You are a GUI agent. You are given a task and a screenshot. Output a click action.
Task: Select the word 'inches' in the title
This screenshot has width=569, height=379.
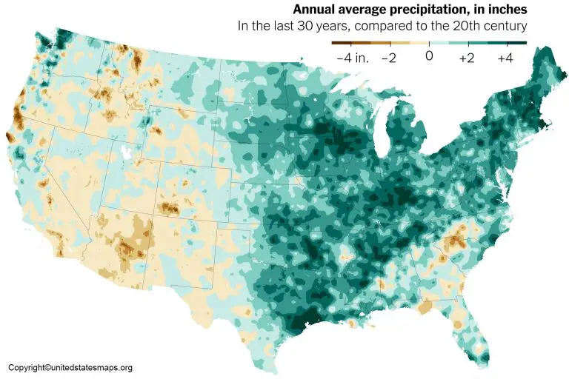506,10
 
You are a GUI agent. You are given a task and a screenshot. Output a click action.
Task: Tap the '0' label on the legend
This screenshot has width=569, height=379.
429,56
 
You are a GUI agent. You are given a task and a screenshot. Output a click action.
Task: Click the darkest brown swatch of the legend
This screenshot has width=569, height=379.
342,43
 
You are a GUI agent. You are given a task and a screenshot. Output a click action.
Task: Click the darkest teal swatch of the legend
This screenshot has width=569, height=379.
516,43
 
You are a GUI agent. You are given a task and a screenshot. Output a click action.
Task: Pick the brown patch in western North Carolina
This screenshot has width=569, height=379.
454,236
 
